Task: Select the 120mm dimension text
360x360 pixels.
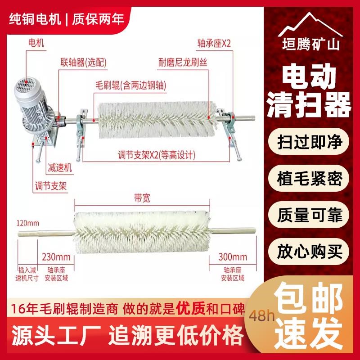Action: tap(27, 223)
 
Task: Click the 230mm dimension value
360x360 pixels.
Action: tap(56, 257)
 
